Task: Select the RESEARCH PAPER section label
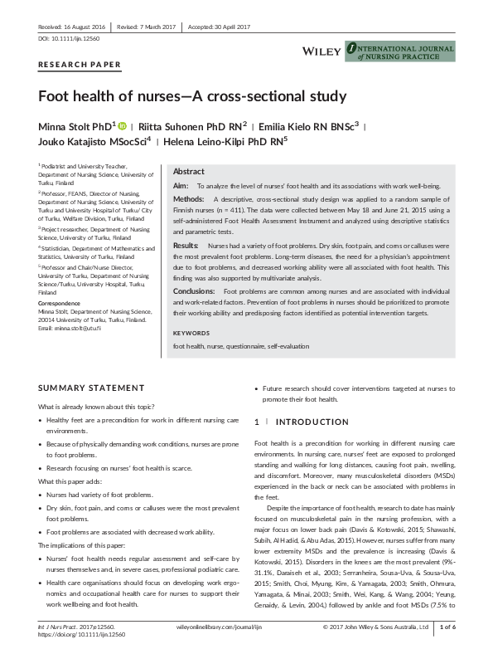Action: pyautogui.click(x=80, y=65)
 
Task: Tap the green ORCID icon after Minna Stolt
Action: pyautogui.click(x=123, y=125)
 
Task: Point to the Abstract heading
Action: pyautogui.click(x=189, y=171)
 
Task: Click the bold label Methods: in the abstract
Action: pyautogui.click(x=189, y=200)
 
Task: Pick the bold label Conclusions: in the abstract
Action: pyautogui.click(x=196, y=291)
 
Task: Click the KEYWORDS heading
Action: pyautogui.click(x=192, y=333)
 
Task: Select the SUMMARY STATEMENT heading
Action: pyautogui.click(x=91, y=388)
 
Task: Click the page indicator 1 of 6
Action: pyautogui.click(x=452, y=627)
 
